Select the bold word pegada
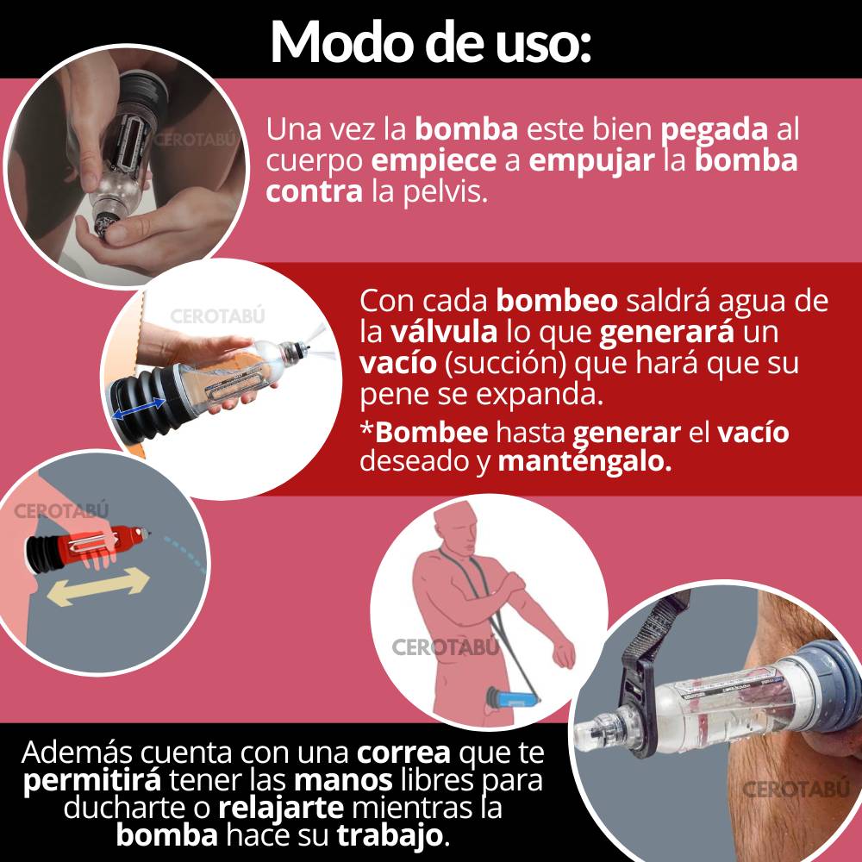point(714,130)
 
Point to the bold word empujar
point(591,161)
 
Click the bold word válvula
point(444,332)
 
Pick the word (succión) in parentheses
point(505,364)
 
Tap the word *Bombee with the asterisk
point(424,432)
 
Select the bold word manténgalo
point(585,460)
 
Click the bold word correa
point(403,753)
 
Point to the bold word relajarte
point(281,808)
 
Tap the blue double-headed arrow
point(138,408)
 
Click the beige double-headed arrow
point(98,587)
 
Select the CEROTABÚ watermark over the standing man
point(446,647)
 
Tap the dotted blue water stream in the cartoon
point(186,553)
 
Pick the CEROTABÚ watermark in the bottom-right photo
point(796,790)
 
